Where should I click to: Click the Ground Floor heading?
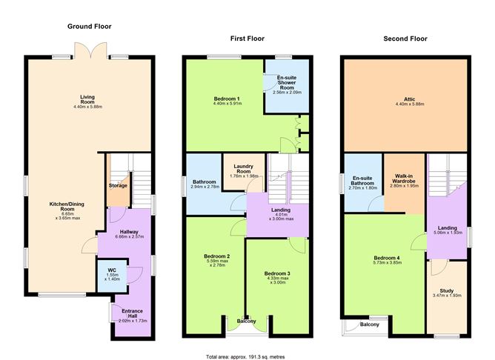[x=90, y=27]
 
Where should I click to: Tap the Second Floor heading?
[x=405, y=39]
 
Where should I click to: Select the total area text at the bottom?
[x=245, y=357]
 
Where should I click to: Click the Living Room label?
[x=87, y=99]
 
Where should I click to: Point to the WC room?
[x=112, y=275]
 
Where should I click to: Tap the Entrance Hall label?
[x=133, y=313]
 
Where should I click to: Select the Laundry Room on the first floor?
[x=244, y=172]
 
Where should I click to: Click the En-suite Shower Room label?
[x=287, y=82]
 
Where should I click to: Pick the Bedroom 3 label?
[x=277, y=273]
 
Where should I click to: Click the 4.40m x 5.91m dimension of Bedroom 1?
[x=227, y=103]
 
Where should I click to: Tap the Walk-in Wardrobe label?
[x=403, y=179]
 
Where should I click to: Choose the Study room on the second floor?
[x=447, y=296]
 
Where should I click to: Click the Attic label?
[x=410, y=99]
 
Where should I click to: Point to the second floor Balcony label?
[x=370, y=324]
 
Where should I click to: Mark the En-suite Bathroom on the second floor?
[x=363, y=182]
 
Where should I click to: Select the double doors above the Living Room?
[x=90, y=50]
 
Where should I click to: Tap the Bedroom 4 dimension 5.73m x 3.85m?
[x=387, y=262]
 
